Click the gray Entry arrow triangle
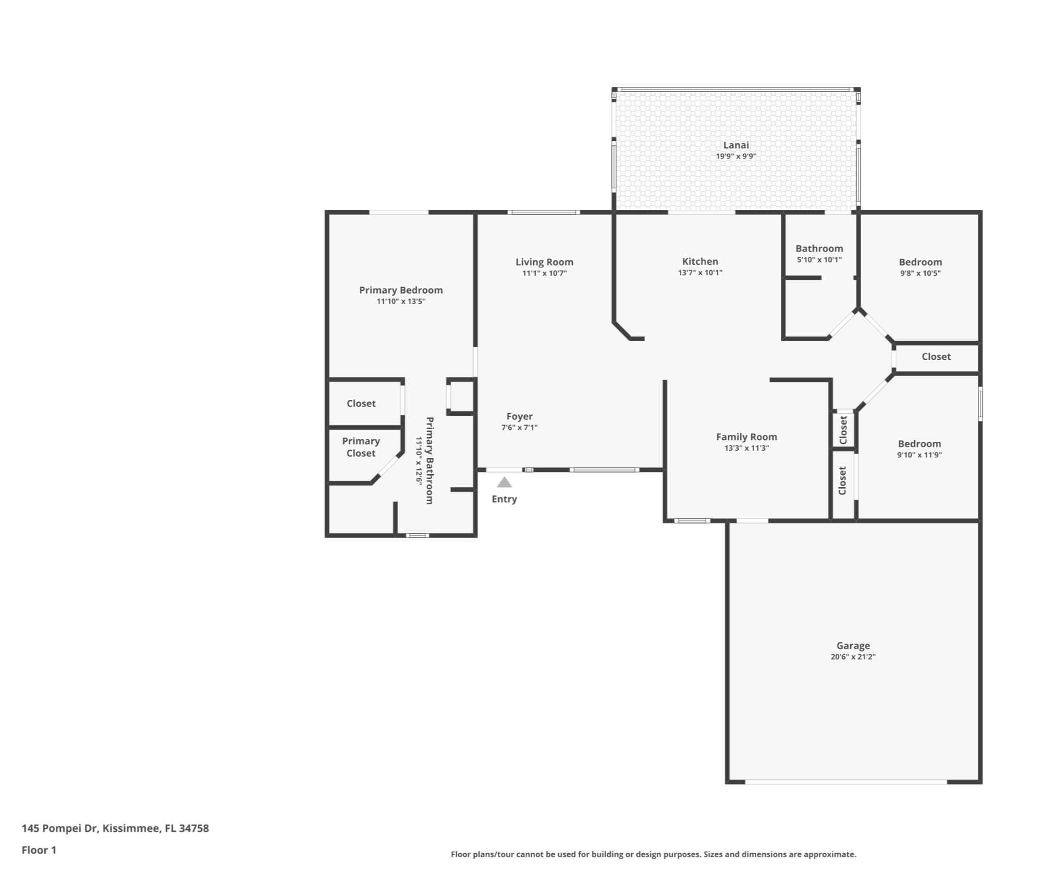(504, 482)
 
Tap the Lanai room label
(735, 145)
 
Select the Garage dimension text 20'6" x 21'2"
(853, 657)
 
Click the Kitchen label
(700, 262)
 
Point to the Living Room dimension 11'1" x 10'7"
(544, 273)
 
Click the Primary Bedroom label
(400, 290)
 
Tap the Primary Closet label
(361, 447)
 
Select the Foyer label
(519, 416)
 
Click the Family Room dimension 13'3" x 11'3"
(746, 448)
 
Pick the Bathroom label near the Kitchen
(819, 248)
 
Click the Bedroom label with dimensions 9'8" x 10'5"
(920, 262)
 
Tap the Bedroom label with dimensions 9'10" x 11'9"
(919, 444)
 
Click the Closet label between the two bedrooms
(936, 357)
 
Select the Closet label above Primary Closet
(361, 403)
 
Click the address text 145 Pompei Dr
(115, 828)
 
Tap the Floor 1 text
(39, 850)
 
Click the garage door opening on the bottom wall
(845, 782)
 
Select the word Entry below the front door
(504, 499)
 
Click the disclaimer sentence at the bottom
(653, 854)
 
